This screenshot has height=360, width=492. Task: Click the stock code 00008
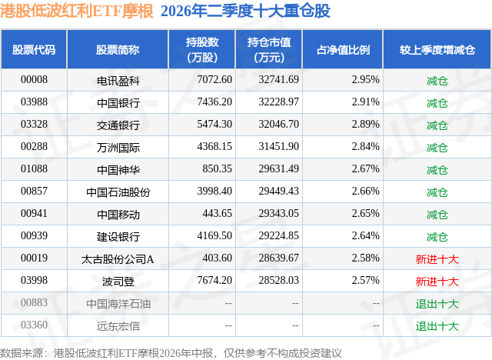coord(34,80)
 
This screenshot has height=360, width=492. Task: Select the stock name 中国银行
coord(118,103)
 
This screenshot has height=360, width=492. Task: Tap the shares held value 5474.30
coord(214,125)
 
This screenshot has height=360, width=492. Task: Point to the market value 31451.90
coord(278,147)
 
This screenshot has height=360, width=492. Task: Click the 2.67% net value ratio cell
coord(366,169)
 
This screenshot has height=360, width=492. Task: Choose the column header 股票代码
coord(34,50)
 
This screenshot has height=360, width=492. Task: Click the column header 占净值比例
coord(344,50)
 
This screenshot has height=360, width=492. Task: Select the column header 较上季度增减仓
coord(437,50)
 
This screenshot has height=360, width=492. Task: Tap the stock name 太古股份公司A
coord(118,259)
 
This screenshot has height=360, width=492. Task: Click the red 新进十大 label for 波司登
coord(437,282)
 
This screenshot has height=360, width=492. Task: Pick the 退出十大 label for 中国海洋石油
coord(437,304)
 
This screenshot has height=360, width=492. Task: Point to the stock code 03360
coord(34,325)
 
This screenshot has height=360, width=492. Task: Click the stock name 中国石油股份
coord(118,192)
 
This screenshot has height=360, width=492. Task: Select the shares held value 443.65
coord(217,213)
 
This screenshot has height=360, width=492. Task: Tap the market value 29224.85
coord(278,235)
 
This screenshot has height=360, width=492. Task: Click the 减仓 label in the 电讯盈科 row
coord(437,81)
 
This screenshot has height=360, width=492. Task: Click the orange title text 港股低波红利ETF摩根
coord(77,12)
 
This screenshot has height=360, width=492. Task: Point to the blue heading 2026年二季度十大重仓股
coord(245,12)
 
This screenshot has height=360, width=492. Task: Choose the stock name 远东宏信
coord(118,326)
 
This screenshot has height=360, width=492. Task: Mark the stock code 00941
coord(34,213)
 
